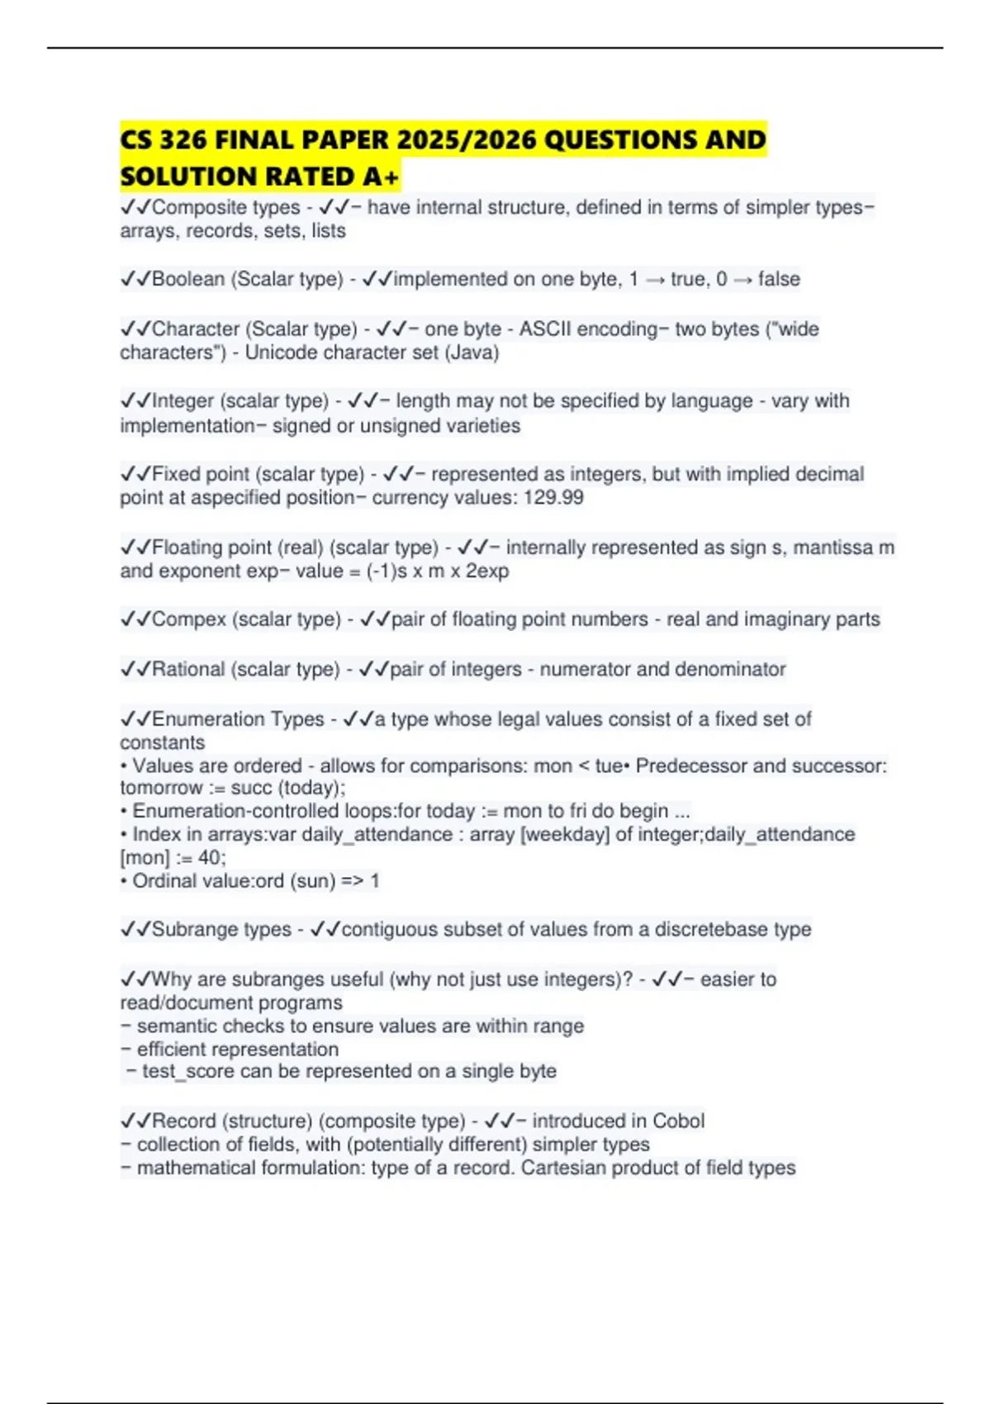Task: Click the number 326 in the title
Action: pos(183,140)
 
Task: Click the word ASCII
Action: pos(544,329)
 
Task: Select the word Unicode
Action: pos(280,353)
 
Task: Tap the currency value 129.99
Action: pos(554,498)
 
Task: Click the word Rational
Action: pos(188,669)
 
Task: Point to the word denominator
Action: pos(733,669)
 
